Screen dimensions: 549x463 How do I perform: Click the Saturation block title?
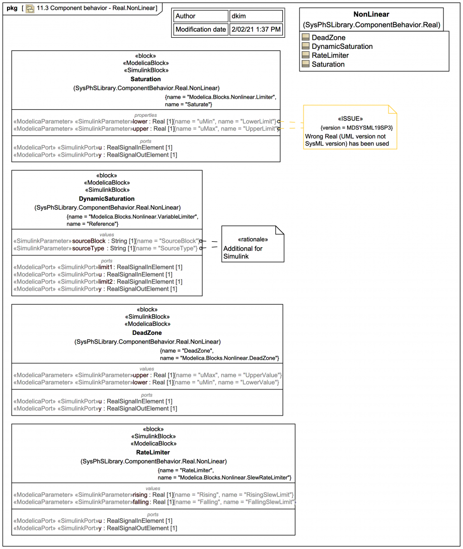(x=145, y=79)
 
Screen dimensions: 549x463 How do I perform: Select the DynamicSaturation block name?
(x=107, y=199)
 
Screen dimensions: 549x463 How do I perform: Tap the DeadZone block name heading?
(x=147, y=333)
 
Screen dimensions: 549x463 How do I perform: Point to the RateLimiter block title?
(x=153, y=452)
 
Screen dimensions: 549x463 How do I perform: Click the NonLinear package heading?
(x=371, y=15)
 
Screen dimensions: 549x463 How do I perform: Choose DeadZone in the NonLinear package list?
(x=328, y=37)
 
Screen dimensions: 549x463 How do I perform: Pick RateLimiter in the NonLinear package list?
(x=330, y=55)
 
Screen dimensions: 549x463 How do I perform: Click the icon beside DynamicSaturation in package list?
(x=305, y=46)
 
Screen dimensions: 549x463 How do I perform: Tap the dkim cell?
(x=238, y=16)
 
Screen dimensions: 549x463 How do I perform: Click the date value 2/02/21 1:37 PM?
(x=256, y=29)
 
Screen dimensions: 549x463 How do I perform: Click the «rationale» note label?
(x=253, y=239)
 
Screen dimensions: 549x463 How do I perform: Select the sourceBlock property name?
(x=89, y=241)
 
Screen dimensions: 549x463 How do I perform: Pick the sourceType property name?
(x=89, y=248)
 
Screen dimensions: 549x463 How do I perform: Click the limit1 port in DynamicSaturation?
(x=106, y=267)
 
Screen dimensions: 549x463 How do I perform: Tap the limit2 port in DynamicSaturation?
(x=106, y=282)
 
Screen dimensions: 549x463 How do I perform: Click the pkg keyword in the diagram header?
(x=12, y=8)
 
